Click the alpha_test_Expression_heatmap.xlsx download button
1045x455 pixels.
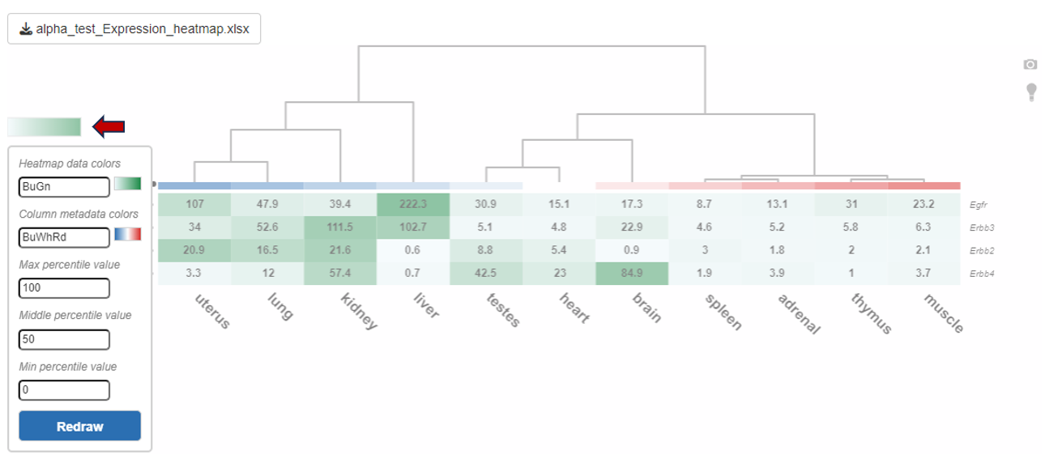[x=134, y=29]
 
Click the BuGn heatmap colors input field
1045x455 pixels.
[x=64, y=187]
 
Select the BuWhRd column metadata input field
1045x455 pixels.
[x=64, y=237]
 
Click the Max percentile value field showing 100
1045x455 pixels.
[x=64, y=287]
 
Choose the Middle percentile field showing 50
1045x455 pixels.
[x=64, y=339]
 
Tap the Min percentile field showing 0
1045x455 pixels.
[x=64, y=390]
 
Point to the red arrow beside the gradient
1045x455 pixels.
[x=109, y=126]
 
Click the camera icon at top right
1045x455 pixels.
[x=1030, y=65]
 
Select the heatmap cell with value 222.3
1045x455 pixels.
[x=413, y=204]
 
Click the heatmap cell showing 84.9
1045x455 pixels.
[x=632, y=273]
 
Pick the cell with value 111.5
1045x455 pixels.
[x=340, y=227]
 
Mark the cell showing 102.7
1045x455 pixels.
[x=413, y=227]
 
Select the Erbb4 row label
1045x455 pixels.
[x=982, y=274]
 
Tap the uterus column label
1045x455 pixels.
[x=213, y=311]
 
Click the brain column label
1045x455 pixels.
[x=646, y=308]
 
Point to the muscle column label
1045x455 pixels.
[x=944, y=314]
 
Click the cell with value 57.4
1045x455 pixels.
[x=340, y=273]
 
